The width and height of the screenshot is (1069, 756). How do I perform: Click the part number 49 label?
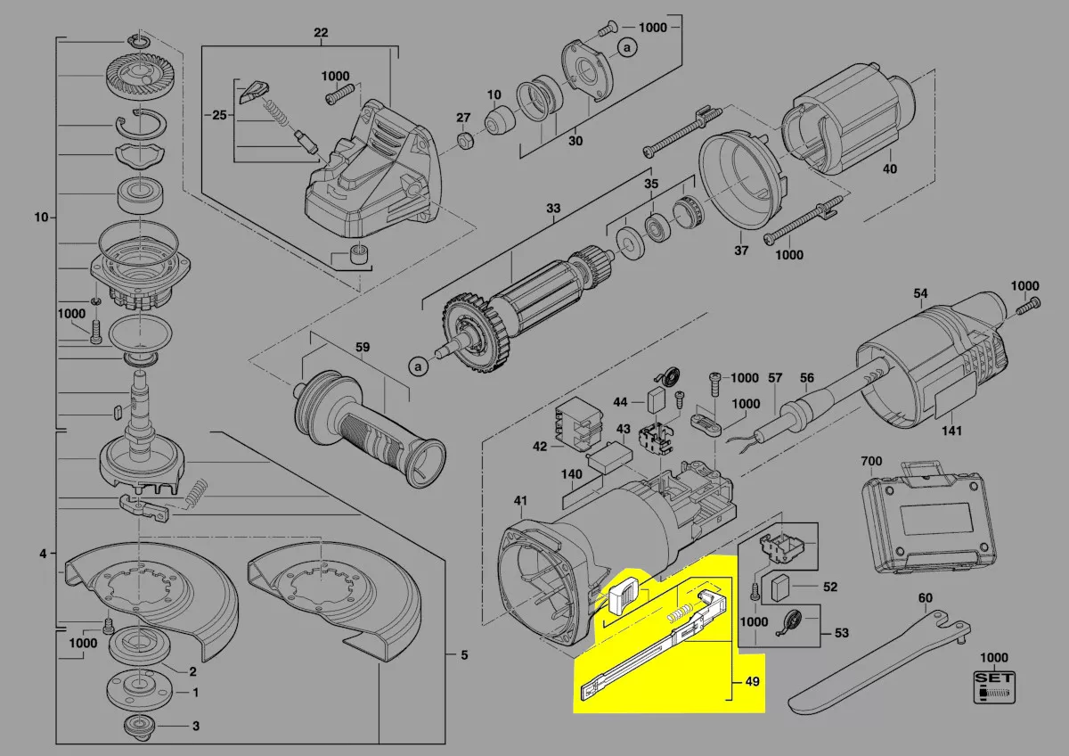[x=752, y=681]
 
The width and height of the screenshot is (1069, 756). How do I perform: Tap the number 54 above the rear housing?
[x=920, y=293]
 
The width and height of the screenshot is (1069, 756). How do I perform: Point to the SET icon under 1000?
[x=994, y=687]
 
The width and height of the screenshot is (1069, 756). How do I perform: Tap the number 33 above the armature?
[x=553, y=209]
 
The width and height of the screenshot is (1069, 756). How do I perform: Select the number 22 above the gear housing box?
[x=321, y=32]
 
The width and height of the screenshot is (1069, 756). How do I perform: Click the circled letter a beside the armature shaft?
[x=419, y=366]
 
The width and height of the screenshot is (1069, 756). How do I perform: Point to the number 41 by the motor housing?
[x=520, y=500]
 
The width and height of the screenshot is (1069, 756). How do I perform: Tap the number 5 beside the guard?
[x=464, y=654]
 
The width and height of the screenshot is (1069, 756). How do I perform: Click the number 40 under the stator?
[x=890, y=168]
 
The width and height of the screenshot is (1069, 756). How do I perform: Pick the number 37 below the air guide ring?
[x=741, y=251]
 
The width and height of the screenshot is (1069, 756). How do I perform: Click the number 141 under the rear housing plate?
[x=951, y=431]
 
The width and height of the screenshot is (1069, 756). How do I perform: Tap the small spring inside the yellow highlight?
[x=680, y=612]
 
